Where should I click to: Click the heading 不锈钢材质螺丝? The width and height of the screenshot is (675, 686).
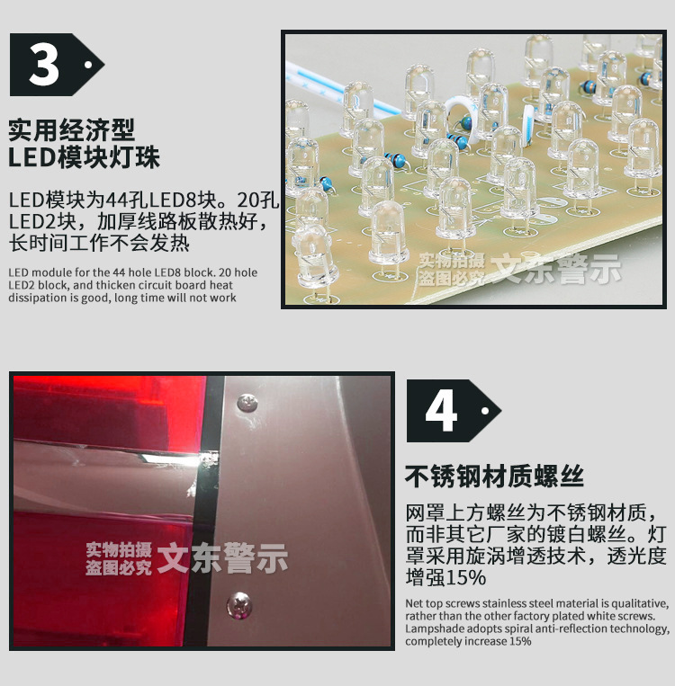coord(494,476)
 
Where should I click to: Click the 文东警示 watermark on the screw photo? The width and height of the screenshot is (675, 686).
coord(222,558)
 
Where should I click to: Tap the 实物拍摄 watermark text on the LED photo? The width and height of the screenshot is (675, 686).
coord(452,261)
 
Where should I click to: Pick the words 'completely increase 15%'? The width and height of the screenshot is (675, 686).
coord(468,641)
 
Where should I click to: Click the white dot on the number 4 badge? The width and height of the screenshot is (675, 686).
coord(486,411)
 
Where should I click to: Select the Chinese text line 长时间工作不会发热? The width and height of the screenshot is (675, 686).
coord(99,244)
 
